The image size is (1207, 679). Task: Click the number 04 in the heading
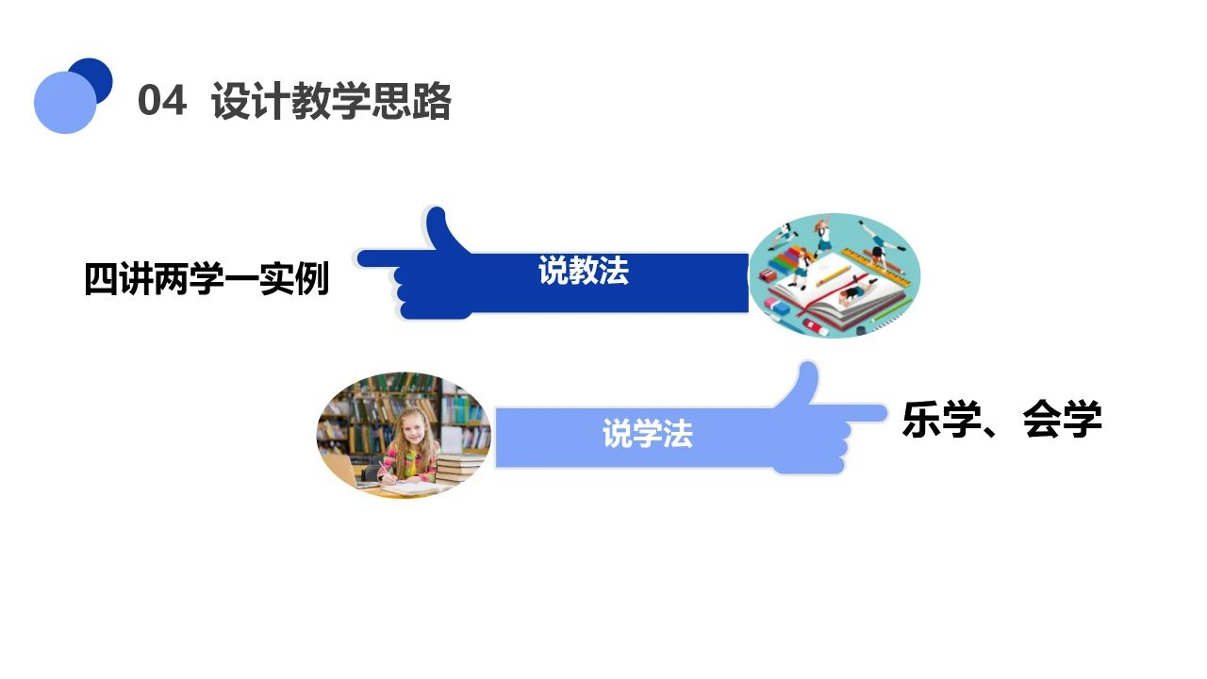tap(161, 101)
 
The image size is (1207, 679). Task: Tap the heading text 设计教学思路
tap(332, 101)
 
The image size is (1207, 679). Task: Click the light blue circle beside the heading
tap(64, 103)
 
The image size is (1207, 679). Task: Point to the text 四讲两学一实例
tap(207, 280)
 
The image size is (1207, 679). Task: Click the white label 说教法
tap(583, 272)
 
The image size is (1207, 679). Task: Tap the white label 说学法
tap(647, 435)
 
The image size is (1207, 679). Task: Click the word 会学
tap(1063, 420)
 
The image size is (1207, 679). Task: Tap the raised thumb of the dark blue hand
tap(438, 227)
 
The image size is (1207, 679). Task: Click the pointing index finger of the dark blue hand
tap(377, 257)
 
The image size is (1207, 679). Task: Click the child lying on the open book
tap(853, 293)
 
